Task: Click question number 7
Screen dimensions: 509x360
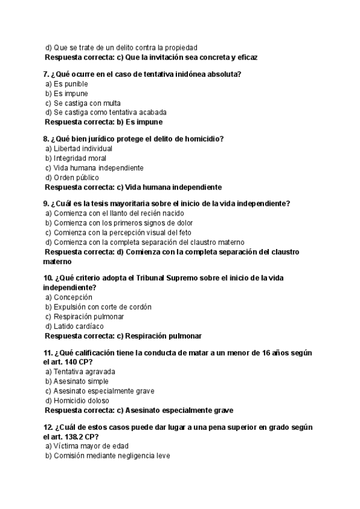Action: [x=46, y=74]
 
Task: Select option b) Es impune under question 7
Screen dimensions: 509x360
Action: [x=67, y=94]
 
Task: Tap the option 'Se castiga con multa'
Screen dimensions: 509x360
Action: [x=83, y=103]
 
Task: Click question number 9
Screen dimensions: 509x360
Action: [x=46, y=204]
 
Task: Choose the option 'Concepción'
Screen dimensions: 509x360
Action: [x=68, y=297]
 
